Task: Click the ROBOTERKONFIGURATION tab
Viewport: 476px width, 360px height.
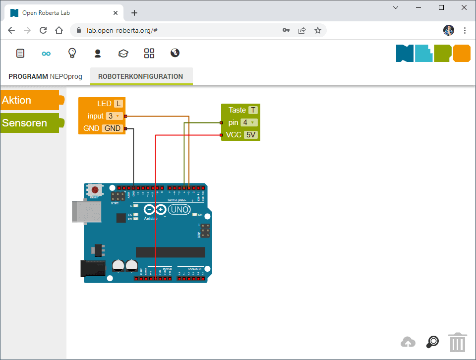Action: coord(141,76)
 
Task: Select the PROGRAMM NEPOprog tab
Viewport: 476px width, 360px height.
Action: coord(45,76)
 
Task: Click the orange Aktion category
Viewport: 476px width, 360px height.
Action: coord(30,100)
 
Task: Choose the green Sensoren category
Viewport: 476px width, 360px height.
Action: coord(30,123)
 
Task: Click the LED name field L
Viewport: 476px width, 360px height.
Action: coord(118,104)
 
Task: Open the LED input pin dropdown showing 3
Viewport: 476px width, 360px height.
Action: coord(114,116)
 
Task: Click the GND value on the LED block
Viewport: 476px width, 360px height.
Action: coord(113,128)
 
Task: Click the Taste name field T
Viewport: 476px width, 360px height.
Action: coord(253,110)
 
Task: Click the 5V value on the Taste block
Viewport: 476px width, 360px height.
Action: coord(251,135)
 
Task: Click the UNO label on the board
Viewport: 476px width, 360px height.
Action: coord(179,210)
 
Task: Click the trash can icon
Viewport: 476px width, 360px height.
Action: coord(457,342)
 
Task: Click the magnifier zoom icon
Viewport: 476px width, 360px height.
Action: coord(433,342)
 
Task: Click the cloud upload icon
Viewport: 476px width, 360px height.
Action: coord(408,342)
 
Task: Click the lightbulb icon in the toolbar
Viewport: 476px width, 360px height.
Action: coord(72,53)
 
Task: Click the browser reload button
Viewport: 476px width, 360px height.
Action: coord(43,30)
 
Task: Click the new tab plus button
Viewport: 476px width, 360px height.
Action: coord(134,13)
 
